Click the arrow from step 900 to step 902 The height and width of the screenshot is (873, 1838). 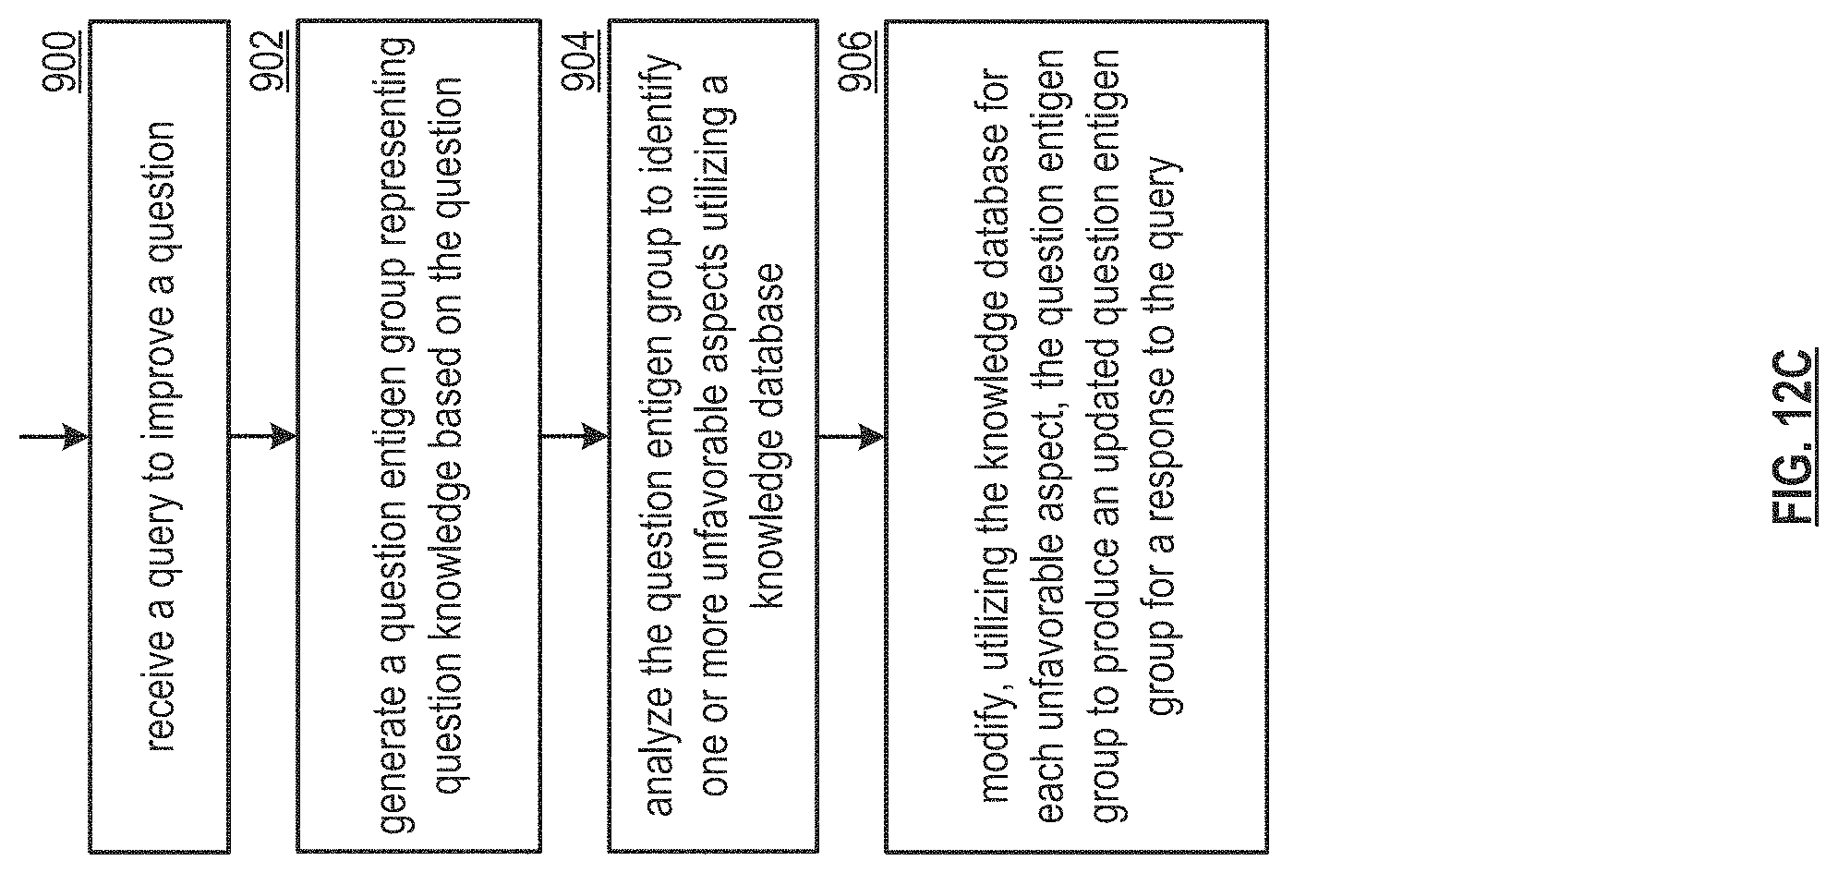click(x=263, y=436)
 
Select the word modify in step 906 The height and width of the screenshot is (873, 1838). click(x=996, y=772)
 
